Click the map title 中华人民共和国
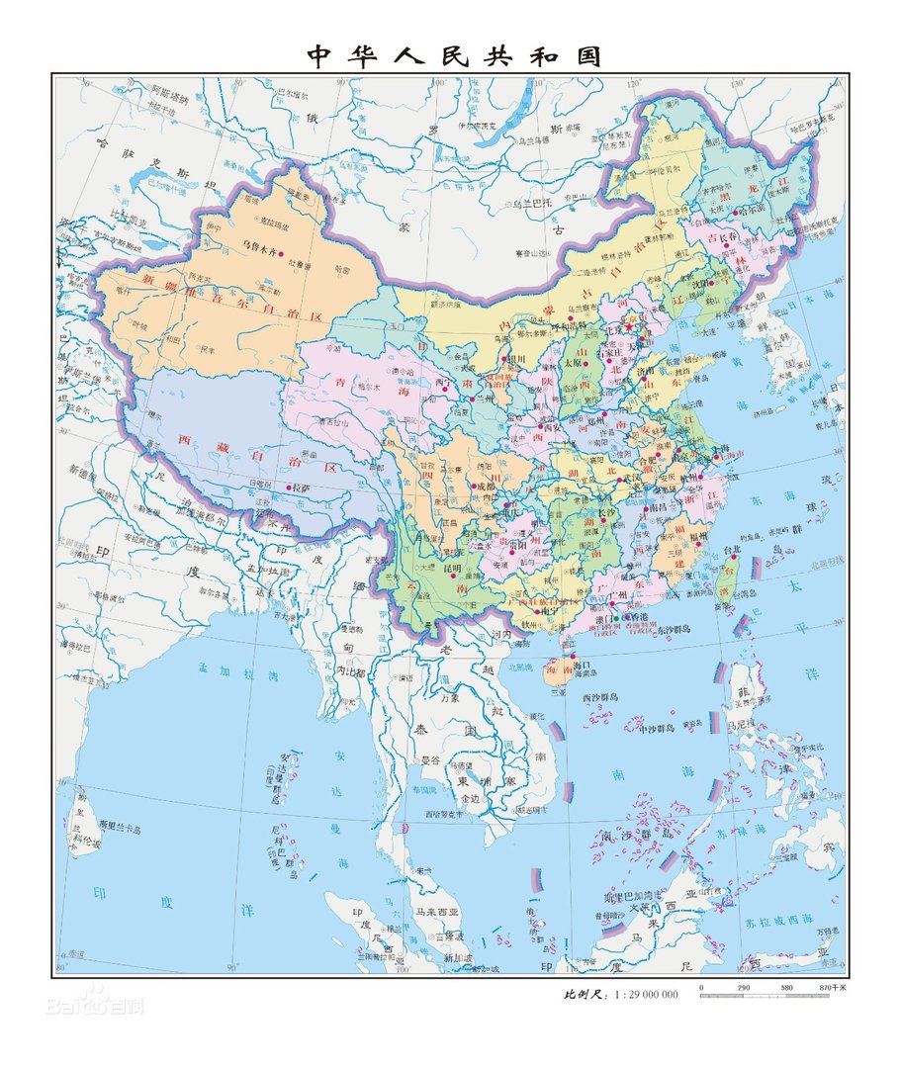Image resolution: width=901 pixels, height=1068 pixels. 454,56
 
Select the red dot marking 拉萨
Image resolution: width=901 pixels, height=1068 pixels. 290,488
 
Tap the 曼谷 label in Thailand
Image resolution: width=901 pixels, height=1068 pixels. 430,760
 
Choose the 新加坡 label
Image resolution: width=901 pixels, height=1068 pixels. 459,957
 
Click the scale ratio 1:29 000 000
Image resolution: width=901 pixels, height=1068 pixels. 647,994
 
